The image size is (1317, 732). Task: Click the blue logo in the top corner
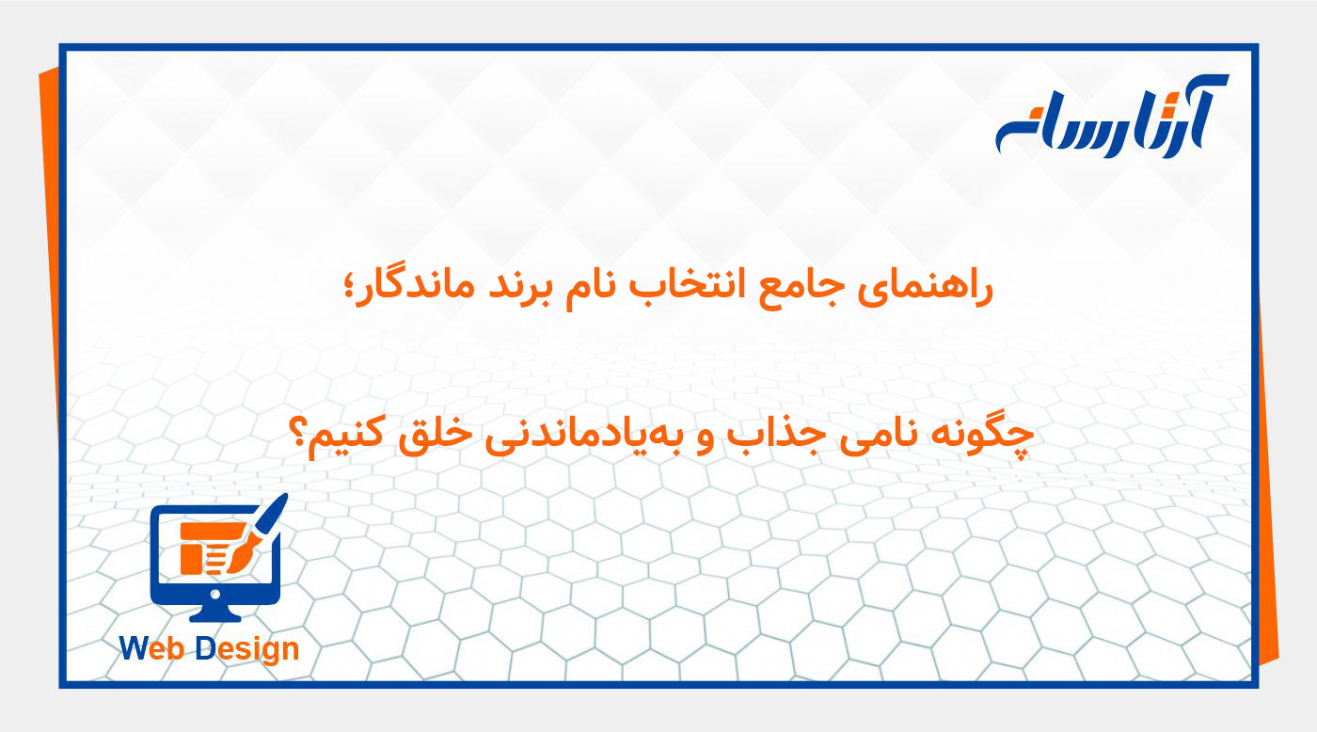[x=1110, y=119]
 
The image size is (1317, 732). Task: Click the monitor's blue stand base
[x=215, y=615]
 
